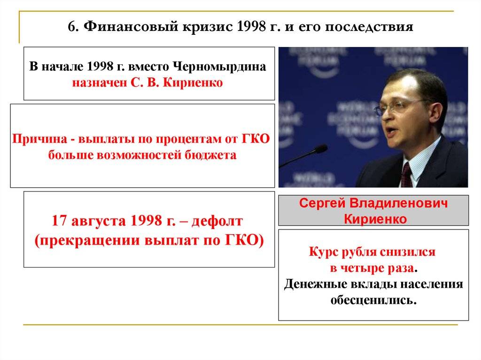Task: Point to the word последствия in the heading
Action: (x=369, y=27)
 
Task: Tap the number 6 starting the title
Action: (x=72, y=27)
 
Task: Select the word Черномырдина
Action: (x=219, y=67)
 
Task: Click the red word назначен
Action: (x=100, y=83)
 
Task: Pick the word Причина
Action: (x=39, y=139)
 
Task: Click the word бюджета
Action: (x=210, y=155)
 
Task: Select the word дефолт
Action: (x=217, y=221)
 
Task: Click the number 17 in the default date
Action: (x=59, y=221)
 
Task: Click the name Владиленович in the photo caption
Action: (x=398, y=203)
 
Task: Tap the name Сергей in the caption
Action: (x=322, y=204)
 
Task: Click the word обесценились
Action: (x=373, y=300)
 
